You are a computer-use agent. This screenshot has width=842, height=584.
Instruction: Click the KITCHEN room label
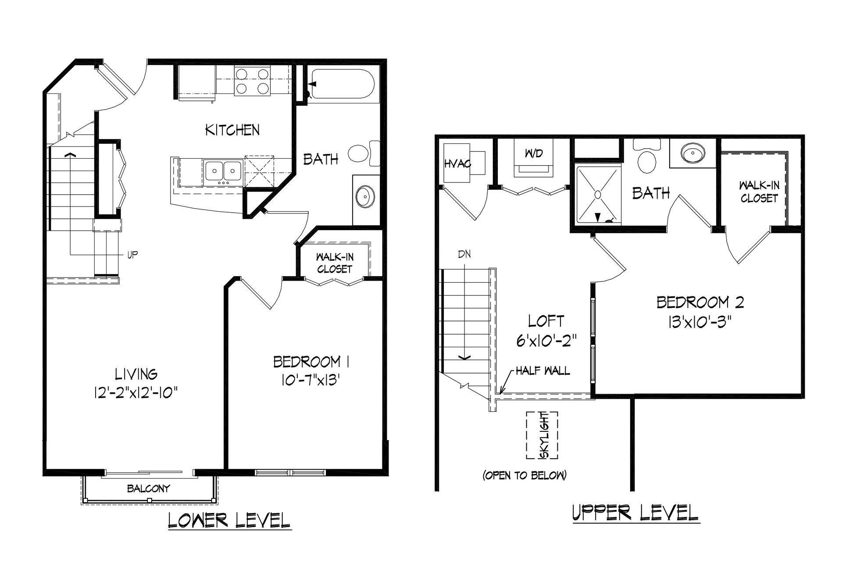point(232,130)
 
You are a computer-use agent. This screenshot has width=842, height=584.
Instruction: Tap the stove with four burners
point(252,81)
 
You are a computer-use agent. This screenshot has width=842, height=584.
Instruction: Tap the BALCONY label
point(149,488)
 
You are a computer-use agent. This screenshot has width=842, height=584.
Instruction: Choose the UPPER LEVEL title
point(636,513)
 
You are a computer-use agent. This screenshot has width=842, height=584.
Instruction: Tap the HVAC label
point(458,164)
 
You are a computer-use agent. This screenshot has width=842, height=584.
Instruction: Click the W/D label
point(534,153)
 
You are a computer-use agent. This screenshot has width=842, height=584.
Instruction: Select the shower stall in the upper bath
point(598,195)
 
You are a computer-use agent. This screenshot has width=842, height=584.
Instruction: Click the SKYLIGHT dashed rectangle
point(542,435)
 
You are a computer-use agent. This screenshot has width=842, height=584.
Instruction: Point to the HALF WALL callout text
point(542,371)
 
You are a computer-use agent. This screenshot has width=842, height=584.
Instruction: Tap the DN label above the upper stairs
point(464,254)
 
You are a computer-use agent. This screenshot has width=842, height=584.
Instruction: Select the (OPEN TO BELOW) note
point(524,475)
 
